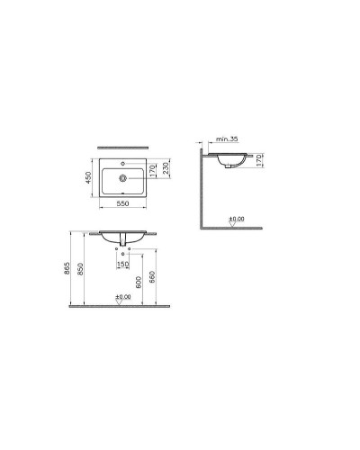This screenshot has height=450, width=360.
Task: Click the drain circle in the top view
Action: point(121,177)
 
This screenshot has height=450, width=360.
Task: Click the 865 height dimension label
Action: point(70,269)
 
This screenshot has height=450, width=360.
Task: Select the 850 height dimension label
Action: point(84,269)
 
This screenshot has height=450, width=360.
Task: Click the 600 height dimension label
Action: point(138,281)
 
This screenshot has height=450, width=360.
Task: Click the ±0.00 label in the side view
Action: point(236,220)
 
